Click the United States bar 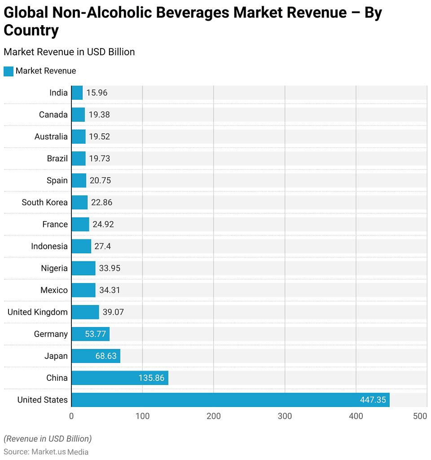click(230, 400)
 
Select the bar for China click(120, 378)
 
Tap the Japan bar click(96, 356)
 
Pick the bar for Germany click(90, 334)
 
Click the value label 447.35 click(373, 400)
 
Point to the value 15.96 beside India click(97, 93)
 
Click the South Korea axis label click(45, 202)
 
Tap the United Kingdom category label click(38, 312)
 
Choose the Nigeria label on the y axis click(54, 268)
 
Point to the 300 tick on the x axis click(285, 416)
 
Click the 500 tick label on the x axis click(420, 416)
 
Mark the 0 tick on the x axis click(71, 416)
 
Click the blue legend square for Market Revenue click(9, 71)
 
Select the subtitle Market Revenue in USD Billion click(69, 52)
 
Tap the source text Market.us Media click(60, 452)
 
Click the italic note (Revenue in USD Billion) click(48, 438)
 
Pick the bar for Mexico click(84, 290)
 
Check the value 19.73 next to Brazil click(99, 159)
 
